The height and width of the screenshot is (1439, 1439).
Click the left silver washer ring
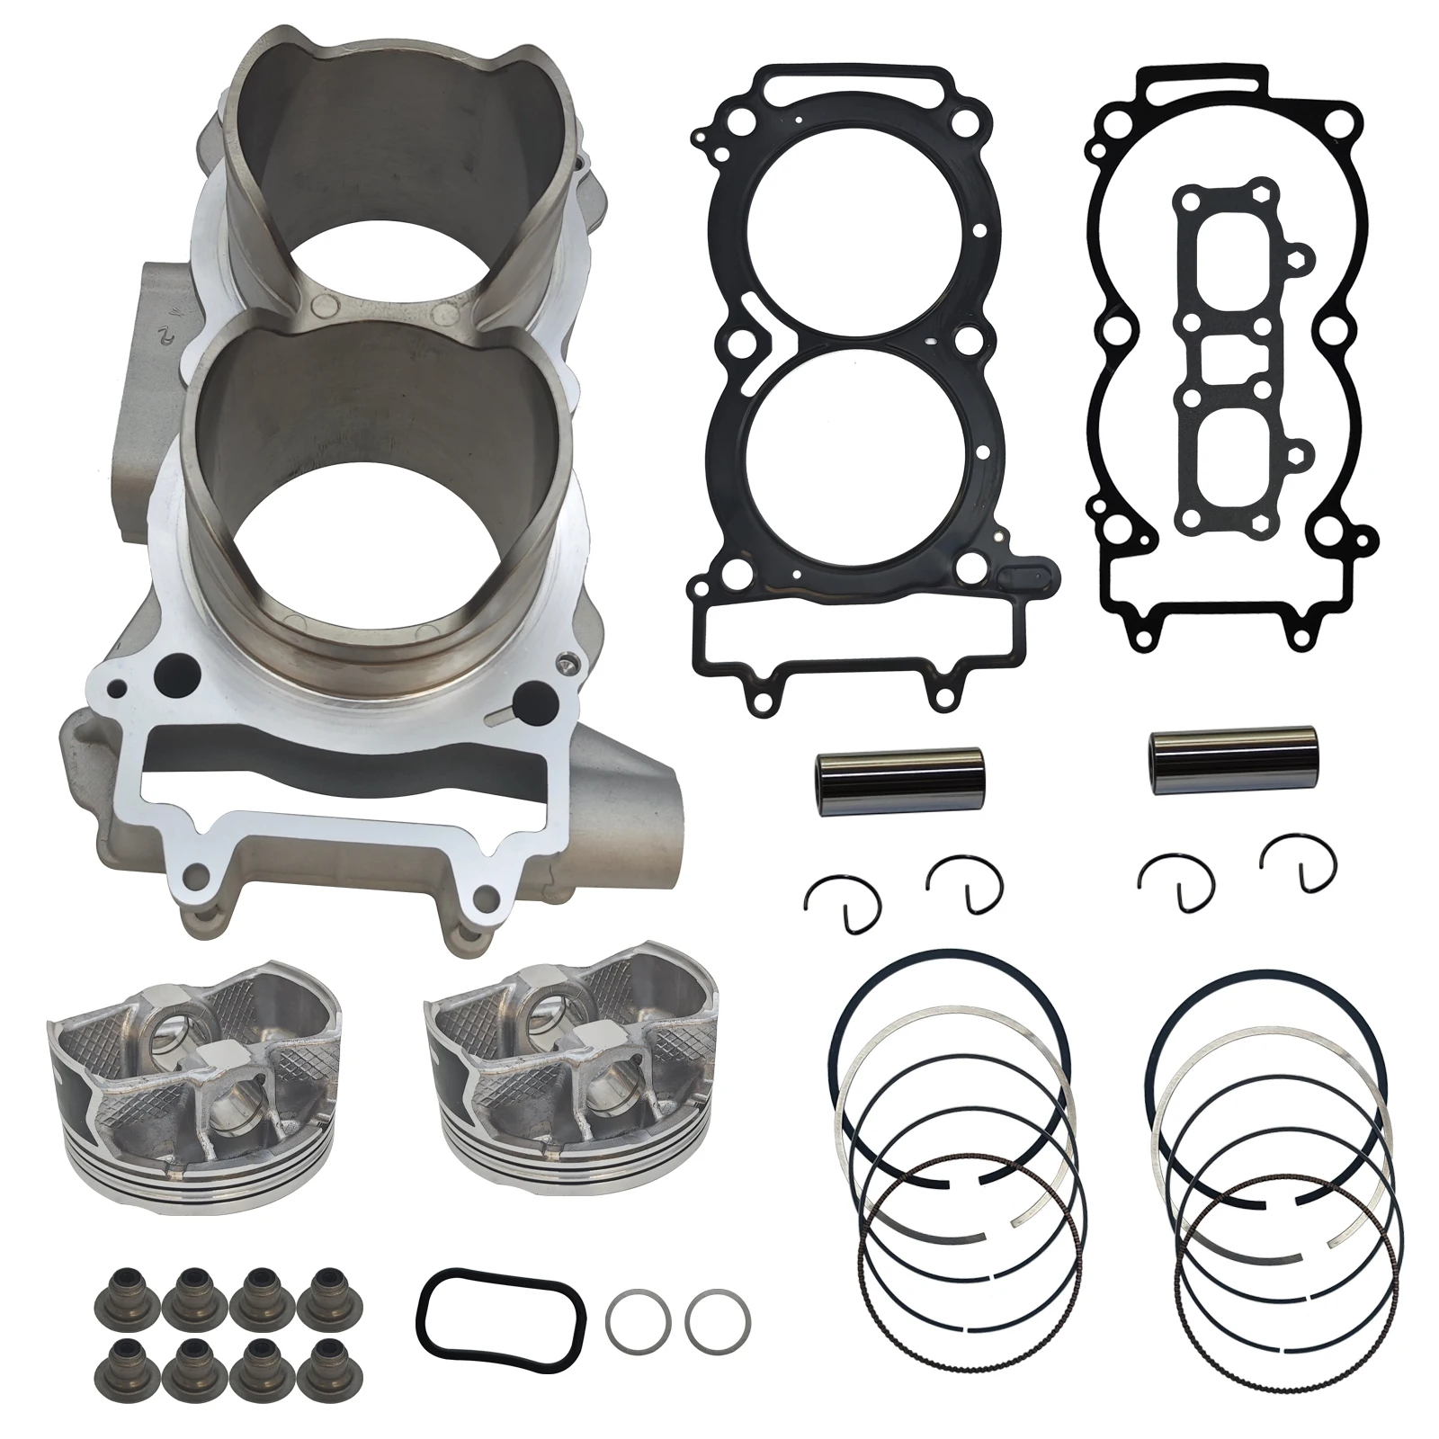pos(638,1323)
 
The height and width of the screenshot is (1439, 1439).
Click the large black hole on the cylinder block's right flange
pos(533,694)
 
